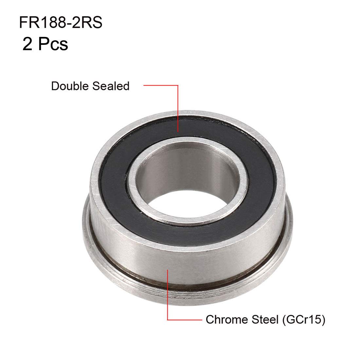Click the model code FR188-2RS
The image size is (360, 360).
click(x=61, y=23)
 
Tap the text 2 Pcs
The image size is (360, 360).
click(x=45, y=44)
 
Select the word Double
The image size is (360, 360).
click(x=70, y=86)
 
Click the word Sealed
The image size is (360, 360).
click(x=111, y=86)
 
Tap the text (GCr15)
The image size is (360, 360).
click(x=303, y=320)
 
